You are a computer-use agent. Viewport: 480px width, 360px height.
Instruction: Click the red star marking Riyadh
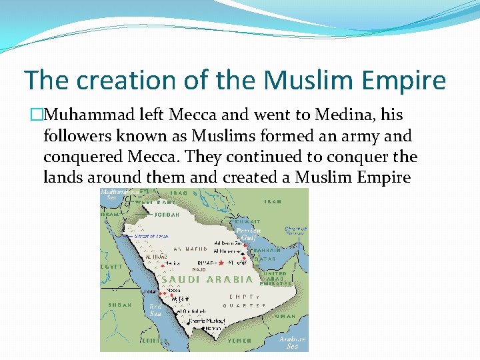pos(221,263)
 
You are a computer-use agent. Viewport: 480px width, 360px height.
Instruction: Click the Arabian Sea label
pos(293,342)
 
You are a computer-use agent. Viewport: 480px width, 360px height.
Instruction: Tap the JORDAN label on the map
pos(167,215)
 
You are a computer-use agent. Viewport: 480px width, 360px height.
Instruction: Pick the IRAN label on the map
pos(273,201)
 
